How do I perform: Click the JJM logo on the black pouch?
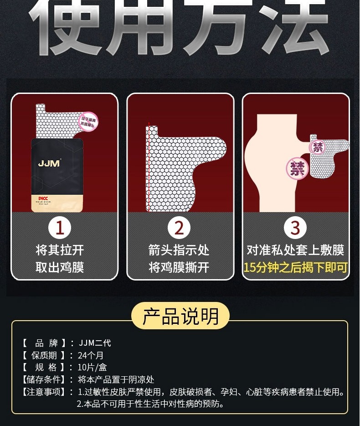(49, 163)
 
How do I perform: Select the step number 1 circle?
(60, 228)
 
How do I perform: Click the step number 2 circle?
(179, 228)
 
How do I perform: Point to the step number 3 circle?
(295, 228)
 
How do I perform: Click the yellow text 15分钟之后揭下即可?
(295, 267)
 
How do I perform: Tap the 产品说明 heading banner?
(180, 316)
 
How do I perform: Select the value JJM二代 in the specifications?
(95, 343)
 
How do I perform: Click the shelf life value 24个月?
(91, 355)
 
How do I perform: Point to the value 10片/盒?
(93, 367)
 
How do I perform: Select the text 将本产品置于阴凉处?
(116, 379)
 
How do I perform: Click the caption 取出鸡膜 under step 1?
(60, 267)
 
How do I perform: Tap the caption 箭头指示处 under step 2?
(179, 250)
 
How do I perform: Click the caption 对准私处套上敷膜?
(295, 250)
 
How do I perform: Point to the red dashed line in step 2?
(149, 169)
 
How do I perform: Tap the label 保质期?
(44, 355)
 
